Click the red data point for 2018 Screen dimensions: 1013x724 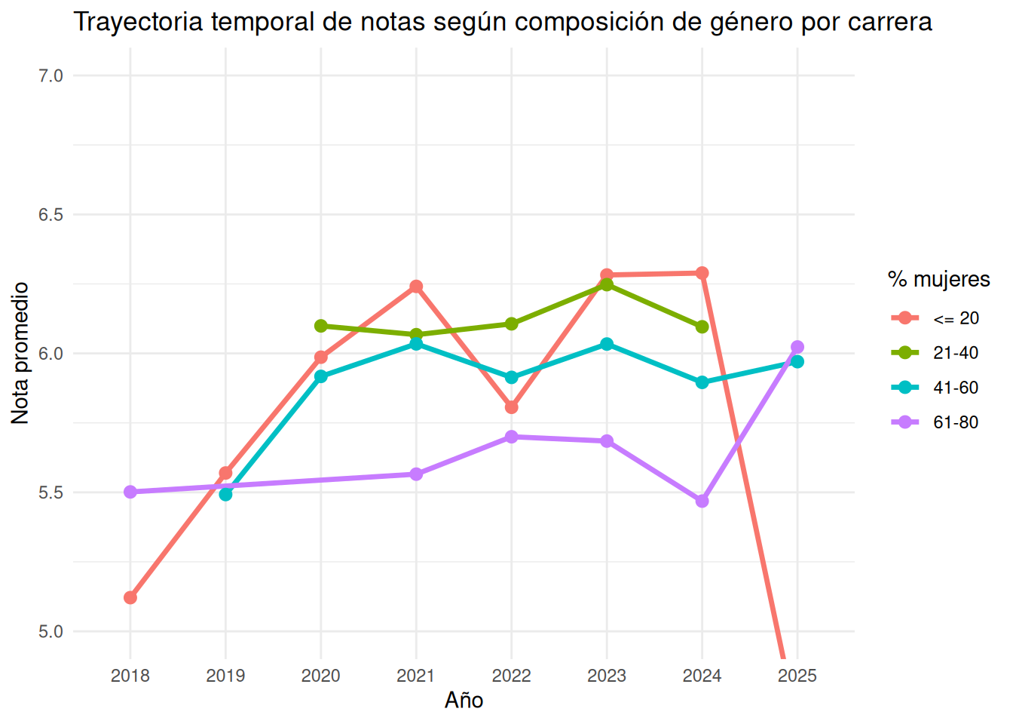(x=130, y=598)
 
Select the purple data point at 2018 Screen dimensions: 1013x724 (x=130, y=492)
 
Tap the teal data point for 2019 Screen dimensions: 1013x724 (x=225, y=495)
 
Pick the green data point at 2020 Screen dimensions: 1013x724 (x=320, y=326)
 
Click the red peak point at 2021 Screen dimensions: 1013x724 (x=416, y=287)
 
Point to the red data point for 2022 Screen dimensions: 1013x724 (x=512, y=407)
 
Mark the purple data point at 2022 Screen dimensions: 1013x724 (x=512, y=437)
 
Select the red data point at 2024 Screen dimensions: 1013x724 (x=702, y=273)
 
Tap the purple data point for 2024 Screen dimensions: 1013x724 (x=702, y=502)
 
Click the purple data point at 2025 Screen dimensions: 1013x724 (x=797, y=347)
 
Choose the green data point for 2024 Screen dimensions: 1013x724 (x=702, y=327)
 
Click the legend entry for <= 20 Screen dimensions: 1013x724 (x=935, y=318)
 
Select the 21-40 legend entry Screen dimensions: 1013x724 (x=935, y=353)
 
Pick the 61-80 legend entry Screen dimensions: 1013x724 (x=935, y=422)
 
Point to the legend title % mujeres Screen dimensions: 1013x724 (x=939, y=280)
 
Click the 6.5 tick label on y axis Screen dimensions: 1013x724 (x=50, y=214)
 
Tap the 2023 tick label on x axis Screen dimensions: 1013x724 (x=607, y=676)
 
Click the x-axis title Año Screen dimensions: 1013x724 (x=464, y=701)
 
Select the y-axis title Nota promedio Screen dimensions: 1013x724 (x=20, y=354)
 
